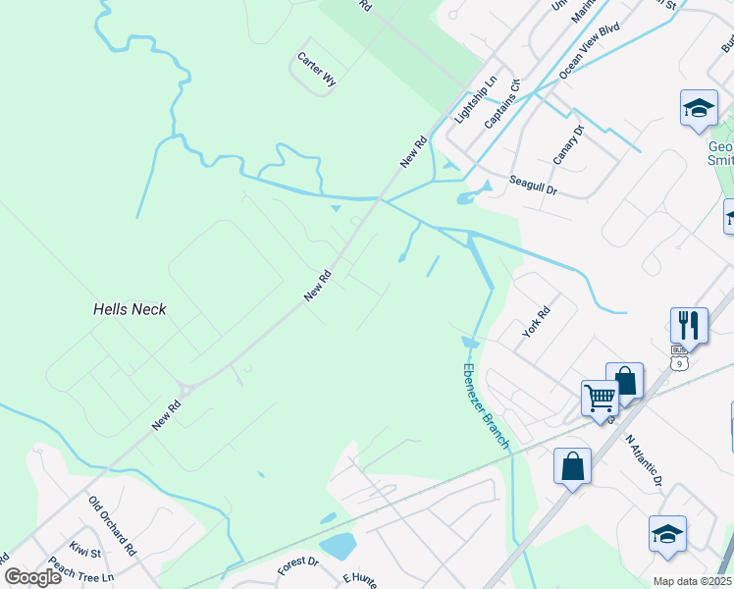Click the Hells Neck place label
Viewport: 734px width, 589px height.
point(130,309)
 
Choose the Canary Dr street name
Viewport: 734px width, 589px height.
point(568,144)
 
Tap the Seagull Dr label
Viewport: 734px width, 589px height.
point(533,186)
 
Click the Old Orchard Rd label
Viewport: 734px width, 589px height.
point(110,522)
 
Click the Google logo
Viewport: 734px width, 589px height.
point(33,576)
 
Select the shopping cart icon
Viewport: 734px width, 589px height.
point(599,398)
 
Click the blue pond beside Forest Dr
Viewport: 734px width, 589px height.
point(337,545)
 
